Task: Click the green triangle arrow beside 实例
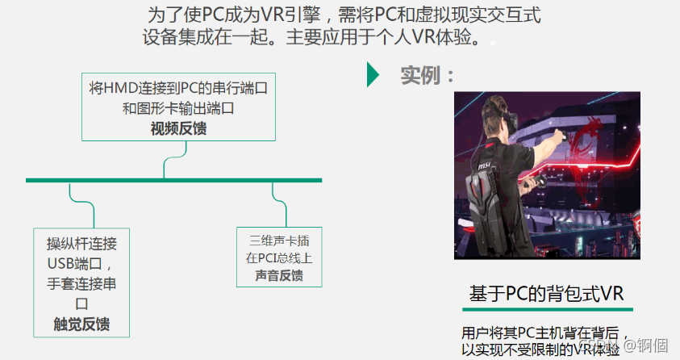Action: pyautogui.click(x=372, y=74)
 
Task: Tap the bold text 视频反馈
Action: pyautogui.click(x=178, y=128)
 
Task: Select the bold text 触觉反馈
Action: pyautogui.click(x=81, y=324)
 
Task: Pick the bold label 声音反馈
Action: pyautogui.click(x=279, y=275)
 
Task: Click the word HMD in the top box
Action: pyautogui.click(x=120, y=87)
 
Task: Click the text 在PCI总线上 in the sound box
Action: pyautogui.click(x=279, y=257)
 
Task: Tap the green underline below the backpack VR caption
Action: pyautogui.click(x=546, y=309)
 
